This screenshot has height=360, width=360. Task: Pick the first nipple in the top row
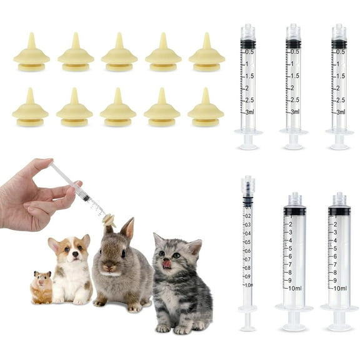pyautogui.click(x=31, y=50)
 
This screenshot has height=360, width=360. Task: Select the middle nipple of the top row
pyautogui.click(x=119, y=50)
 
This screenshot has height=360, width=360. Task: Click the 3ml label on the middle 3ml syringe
pyautogui.click(x=292, y=112)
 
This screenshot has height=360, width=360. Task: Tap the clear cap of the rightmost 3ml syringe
pyautogui.click(x=339, y=32)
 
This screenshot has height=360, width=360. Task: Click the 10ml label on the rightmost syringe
pyautogui.click(x=340, y=288)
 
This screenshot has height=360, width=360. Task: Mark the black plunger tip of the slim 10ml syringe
pyautogui.click(x=248, y=201)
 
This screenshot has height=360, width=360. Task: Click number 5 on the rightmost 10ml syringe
pyautogui.click(x=336, y=248)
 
